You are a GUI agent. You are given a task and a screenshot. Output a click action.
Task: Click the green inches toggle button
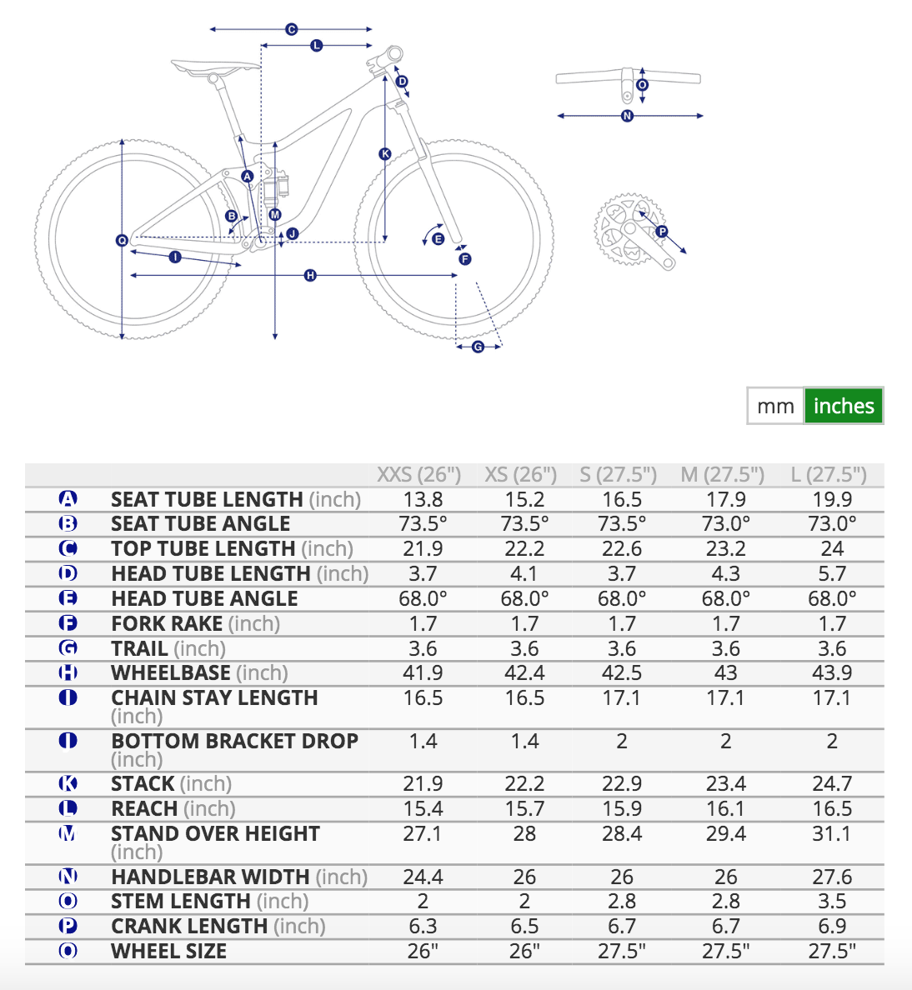pos(843,406)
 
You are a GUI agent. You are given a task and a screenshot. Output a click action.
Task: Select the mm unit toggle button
pos(775,406)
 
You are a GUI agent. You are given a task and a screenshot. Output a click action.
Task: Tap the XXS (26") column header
pos(418,475)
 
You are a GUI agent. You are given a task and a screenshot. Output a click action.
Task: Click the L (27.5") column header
pos(829,475)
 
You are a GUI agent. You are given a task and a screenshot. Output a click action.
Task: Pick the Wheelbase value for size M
pos(725,673)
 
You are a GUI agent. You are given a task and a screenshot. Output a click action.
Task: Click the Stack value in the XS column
pos(524,784)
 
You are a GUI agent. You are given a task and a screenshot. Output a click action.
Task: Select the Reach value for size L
pos(832,809)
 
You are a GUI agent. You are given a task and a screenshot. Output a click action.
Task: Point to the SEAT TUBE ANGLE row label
pos(200,524)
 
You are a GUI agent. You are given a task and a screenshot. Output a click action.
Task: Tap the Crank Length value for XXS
pos(423,927)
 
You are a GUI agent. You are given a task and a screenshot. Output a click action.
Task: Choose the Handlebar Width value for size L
pos(832,877)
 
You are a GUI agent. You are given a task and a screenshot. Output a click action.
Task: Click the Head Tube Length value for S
pos(622,574)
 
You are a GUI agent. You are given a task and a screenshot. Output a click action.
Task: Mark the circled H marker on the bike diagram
pos(310,275)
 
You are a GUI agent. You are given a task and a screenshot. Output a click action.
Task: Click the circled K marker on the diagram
pos(384,153)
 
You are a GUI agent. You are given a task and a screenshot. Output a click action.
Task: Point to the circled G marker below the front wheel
pos(478,347)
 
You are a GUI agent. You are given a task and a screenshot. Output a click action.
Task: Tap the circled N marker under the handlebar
pos(628,116)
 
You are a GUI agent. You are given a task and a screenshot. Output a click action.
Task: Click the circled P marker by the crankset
pos(661,232)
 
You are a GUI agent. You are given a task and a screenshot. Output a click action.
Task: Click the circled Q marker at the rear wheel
pos(122,241)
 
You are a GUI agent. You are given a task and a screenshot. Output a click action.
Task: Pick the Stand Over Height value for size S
pos(622,834)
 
